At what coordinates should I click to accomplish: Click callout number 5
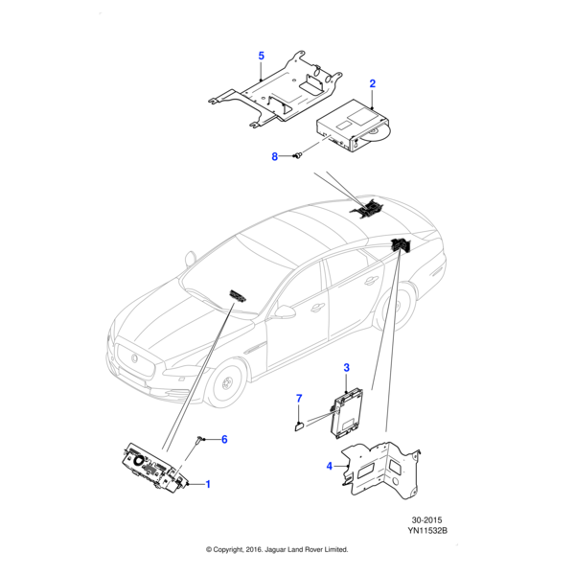pos(261,57)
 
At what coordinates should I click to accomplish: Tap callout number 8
pos(274,156)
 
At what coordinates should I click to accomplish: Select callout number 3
pos(347,366)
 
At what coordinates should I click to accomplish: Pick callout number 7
pos(298,398)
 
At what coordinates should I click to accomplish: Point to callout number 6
pos(224,440)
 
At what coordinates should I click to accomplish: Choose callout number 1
pos(208,485)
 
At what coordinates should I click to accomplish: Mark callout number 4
pos(329,467)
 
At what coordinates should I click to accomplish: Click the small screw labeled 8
pos(298,153)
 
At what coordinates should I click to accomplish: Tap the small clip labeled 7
pos(298,417)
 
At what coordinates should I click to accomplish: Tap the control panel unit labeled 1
pos(158,471)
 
